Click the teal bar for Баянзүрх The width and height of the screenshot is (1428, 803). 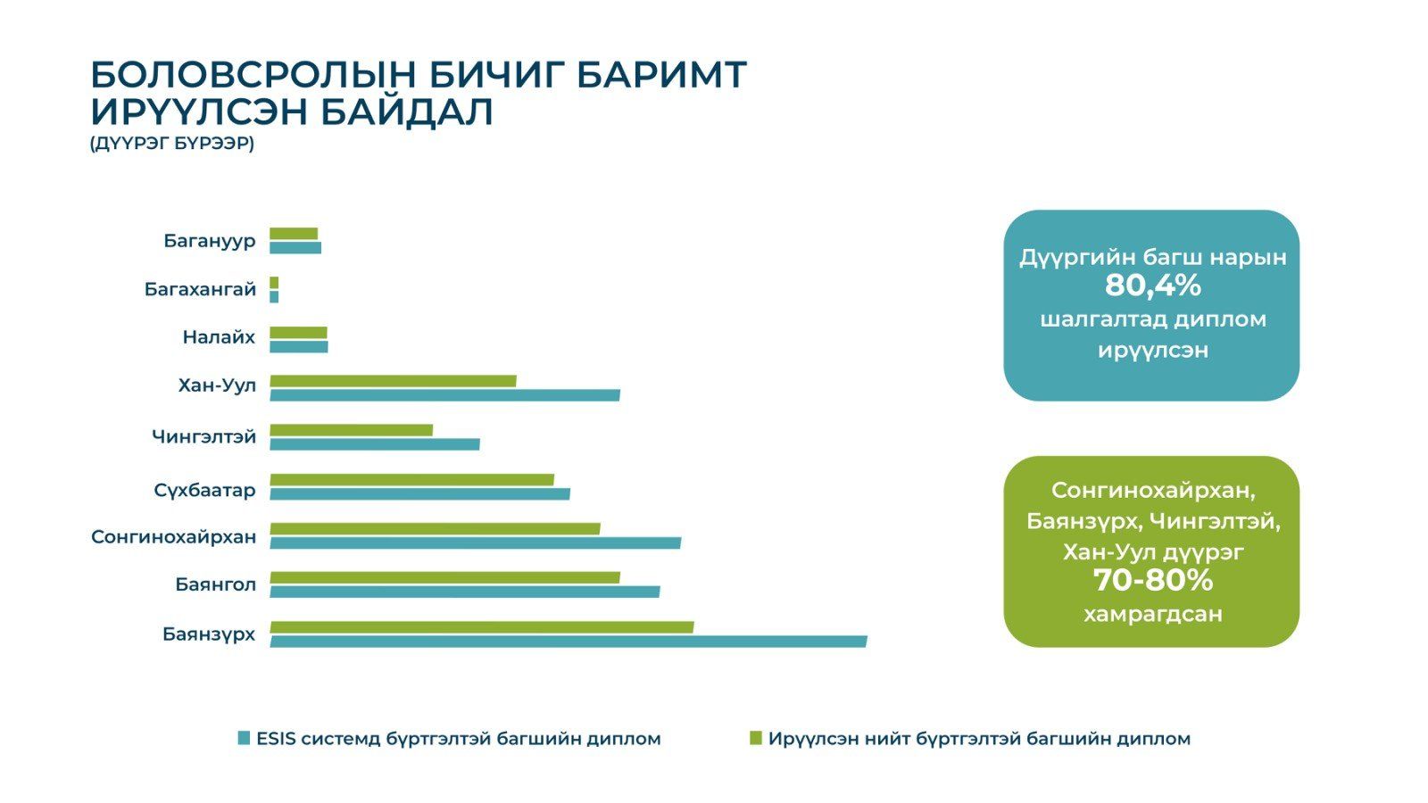[x=569, y=642]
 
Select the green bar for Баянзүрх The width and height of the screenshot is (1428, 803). [x=482, y=627]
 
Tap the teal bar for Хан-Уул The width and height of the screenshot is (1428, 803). [x=445, y=395]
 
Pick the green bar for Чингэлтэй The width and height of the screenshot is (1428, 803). [x=352, y=430]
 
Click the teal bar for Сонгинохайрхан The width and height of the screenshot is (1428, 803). [x=476, y=543]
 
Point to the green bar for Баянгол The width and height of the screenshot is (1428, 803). [x=445, y=578]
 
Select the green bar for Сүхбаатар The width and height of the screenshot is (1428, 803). [x=411, y=480]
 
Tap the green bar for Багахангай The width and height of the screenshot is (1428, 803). [x=274, y=283]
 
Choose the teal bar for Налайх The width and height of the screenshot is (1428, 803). [x=299, y=347]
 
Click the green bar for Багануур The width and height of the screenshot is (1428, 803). [x=294, y=234]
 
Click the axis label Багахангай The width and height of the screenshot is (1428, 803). [x=200, y=290]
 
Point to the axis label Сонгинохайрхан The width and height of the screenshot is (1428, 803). [x=173, y=537]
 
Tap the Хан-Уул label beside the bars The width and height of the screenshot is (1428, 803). [x=218, y=385]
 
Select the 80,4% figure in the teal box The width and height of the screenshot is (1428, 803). [x=1152, y=286]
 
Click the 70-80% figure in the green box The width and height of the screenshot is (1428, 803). [x=1152, y=581]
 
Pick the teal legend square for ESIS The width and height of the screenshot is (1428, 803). [x=244, y=738]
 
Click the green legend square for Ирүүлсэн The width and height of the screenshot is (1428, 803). [x=755, y=738]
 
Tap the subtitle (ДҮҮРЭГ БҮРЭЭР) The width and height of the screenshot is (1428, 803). [x=172, y=144]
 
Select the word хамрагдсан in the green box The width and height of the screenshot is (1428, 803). [x=1152, y=615]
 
